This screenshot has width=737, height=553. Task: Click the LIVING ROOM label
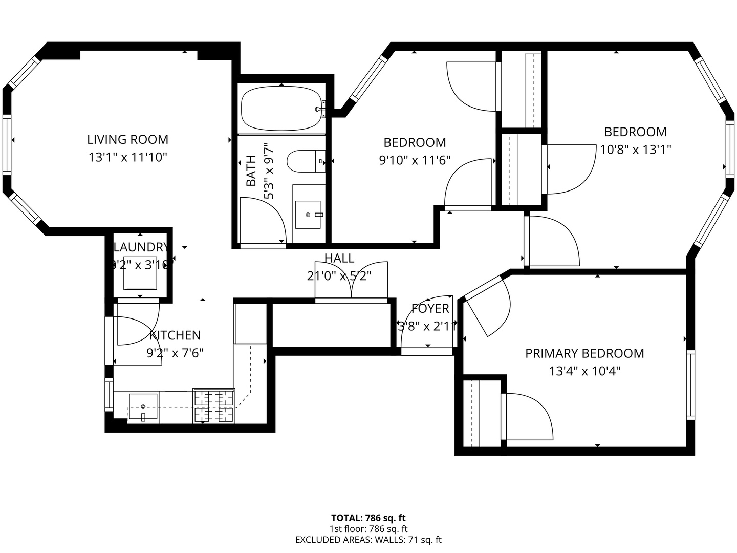(127, 139)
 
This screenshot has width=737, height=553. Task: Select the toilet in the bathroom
(305, 161)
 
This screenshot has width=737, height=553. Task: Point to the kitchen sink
(143, 407)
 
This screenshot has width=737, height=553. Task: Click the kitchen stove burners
(213, 406)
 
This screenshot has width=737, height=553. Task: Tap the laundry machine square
(140, 272)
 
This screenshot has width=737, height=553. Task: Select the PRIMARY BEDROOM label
(584, 353)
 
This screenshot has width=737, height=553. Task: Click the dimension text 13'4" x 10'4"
(584, 371)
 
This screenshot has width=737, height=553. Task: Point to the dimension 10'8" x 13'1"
(635, 150)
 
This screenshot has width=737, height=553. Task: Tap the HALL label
(339, 258)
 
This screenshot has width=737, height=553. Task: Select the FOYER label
(430, 309)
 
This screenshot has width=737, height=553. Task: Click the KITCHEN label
(175, 335)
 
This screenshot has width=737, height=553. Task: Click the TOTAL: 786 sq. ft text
(368, 518)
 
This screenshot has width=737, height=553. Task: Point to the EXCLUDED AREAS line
(368, 540)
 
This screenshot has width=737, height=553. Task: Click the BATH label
(251, 171)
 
